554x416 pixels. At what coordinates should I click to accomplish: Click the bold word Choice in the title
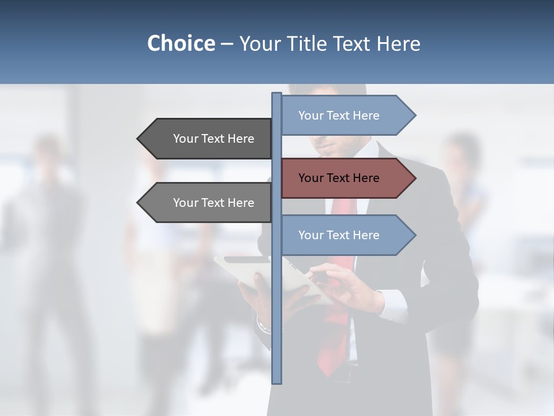(181, 43)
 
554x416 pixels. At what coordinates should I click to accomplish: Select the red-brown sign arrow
(346, 178)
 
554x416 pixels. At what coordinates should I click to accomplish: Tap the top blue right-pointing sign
(346, 116)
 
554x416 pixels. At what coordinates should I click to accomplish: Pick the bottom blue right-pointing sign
(346, 235)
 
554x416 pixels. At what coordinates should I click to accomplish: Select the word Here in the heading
(398, 43)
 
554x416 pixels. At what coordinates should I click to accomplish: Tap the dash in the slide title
(227, 44)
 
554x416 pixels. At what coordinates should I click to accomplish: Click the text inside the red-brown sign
(339, 178)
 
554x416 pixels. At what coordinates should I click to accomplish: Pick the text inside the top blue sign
(339, 116)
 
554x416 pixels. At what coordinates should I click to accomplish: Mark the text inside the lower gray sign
(214, 203)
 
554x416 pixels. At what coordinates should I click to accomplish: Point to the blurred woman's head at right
(462, 150)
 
